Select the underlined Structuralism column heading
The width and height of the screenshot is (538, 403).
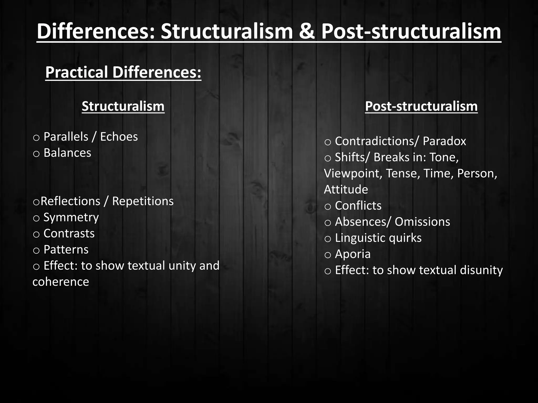123,106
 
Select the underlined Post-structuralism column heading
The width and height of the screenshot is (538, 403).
421,106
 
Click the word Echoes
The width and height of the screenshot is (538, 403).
119,137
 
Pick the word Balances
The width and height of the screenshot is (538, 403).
67,153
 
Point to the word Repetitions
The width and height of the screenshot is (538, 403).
143,201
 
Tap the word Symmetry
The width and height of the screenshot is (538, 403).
71,218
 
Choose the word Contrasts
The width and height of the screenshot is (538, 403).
69,234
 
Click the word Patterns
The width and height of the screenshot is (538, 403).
66,250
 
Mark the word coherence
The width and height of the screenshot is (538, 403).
61,282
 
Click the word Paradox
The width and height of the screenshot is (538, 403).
444,141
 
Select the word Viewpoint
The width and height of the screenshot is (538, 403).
353,173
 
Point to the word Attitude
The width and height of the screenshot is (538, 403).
346,189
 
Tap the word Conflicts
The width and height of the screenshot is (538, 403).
358,206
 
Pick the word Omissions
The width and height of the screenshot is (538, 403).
422,222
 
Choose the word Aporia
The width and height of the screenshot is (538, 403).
353,254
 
